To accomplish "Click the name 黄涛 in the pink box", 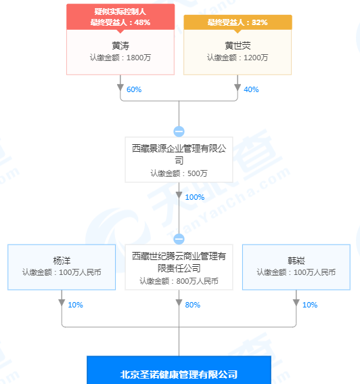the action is click(120, 45).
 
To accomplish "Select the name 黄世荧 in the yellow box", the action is click(238, 45).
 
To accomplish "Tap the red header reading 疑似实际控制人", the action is click(120, 12).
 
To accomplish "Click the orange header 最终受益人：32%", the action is click(238, 22).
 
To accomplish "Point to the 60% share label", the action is click(134, 89).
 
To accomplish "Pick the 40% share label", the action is click(251, 89).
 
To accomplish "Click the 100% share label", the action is click(195, 197).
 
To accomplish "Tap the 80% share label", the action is click(193, 305).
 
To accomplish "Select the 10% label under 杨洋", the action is click(75, 305).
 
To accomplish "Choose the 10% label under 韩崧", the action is click(310, 305).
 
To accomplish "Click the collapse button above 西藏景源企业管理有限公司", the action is click(179, 131).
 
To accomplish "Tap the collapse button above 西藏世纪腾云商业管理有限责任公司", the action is click(179, 239).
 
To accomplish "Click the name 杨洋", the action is click(62, 261).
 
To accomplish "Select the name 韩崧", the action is click(296, 261).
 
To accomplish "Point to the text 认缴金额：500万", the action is click(179, 173).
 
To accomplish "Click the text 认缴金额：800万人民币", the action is click(179, 281).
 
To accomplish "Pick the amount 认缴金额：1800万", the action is click(120, 58).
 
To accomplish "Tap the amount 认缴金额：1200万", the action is click(238, 58).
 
